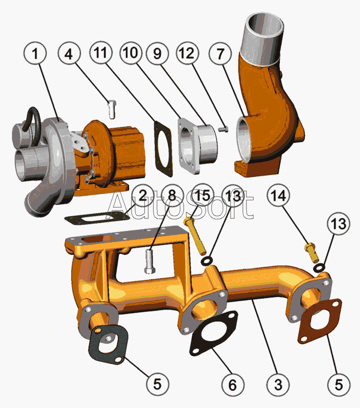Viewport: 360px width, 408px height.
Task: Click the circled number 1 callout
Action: pos(35,53)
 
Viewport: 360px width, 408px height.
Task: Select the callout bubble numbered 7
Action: pos(220,54)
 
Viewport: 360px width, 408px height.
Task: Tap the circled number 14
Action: pos(278,195)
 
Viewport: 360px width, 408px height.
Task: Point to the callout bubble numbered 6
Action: pos(233,384)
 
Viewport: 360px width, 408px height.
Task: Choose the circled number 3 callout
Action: pos(278,384)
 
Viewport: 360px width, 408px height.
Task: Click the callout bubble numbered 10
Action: pos(131,53)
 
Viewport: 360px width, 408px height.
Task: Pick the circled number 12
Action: pos(187,53)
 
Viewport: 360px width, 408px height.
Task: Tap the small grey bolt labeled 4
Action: pos(112,109)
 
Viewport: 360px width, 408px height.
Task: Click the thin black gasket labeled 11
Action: pos(163,148)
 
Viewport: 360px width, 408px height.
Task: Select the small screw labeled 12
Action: pos(223,129)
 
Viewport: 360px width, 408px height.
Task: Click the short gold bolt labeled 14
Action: pos(312,253)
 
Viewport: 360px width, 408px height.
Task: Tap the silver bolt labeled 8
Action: pos(150,261)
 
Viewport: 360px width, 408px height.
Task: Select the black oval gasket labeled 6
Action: pos(214,333)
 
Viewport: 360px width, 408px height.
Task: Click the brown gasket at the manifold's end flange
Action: pos(319,321)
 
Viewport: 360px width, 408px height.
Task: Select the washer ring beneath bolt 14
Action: pos(319,267)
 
